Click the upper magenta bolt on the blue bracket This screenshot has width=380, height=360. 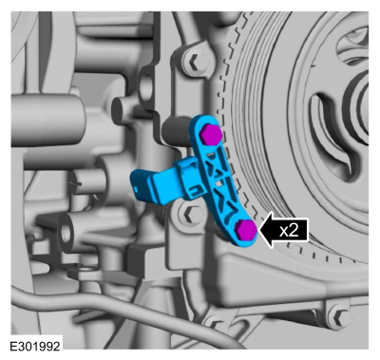point(210,134)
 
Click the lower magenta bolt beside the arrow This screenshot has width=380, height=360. point(246,229)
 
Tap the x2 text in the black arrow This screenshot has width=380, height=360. point(289,231)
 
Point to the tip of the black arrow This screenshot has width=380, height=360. point(259,231)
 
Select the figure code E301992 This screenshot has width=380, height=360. point(35,346)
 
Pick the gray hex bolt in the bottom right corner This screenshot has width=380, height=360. point(338,314)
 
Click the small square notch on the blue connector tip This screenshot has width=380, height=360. point(136,189)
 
